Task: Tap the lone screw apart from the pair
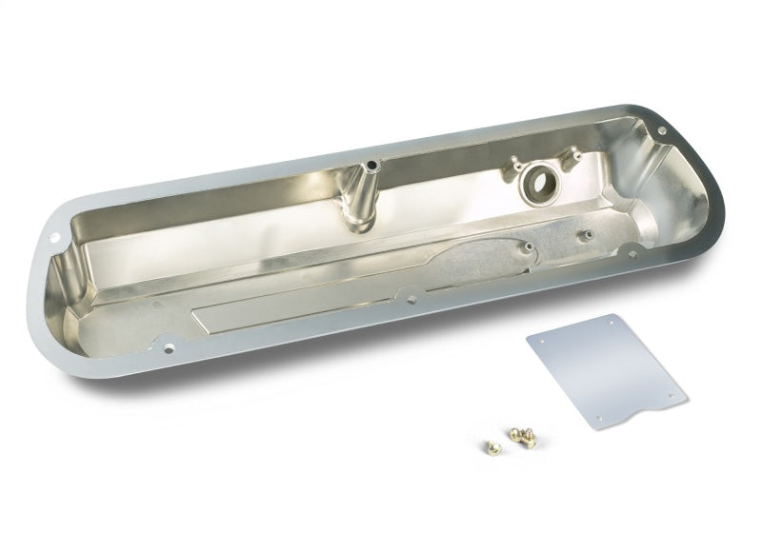pos(483,444)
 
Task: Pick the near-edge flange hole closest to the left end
pos(171,349)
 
